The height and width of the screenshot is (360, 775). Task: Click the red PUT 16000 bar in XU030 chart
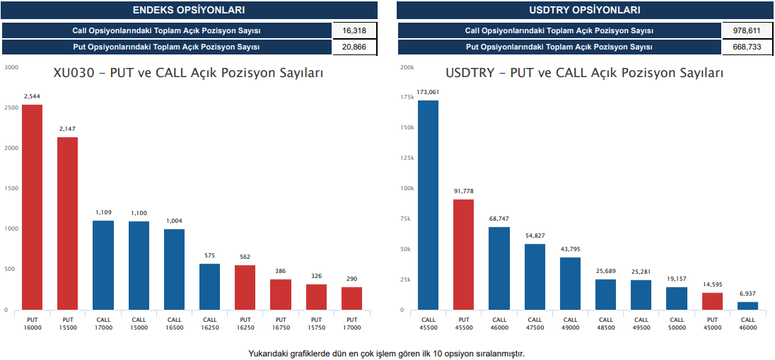[x=32, y=207]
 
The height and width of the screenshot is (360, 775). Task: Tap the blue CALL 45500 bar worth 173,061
[x=428, y=205]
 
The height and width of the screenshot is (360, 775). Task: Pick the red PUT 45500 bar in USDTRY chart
[x=463, y=255]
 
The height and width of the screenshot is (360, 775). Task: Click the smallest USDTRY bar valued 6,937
[x=747, y=306]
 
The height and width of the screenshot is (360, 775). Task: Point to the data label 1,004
[x=174, y=221]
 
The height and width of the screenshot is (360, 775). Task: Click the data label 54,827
[x=535, y=235]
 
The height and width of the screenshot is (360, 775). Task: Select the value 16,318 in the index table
[x=354, y=30]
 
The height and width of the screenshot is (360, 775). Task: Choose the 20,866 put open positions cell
[x=354, y=47]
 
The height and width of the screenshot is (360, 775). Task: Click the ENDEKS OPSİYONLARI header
[x=189, y=10]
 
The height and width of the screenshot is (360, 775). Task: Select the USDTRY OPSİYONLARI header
[x=585, y=10]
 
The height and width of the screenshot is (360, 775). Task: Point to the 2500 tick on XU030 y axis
[x=11, y=108]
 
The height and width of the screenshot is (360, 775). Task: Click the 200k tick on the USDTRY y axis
[x=407, y=68]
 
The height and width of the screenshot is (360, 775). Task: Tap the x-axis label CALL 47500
[x=535, y=324]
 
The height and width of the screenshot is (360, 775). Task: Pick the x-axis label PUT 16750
[x=281, y=324]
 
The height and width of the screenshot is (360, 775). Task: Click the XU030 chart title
[x=189, y=74]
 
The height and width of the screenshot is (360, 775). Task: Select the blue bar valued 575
[x=209, y=286]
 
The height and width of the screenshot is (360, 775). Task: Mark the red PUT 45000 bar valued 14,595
[x=712, y=301]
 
